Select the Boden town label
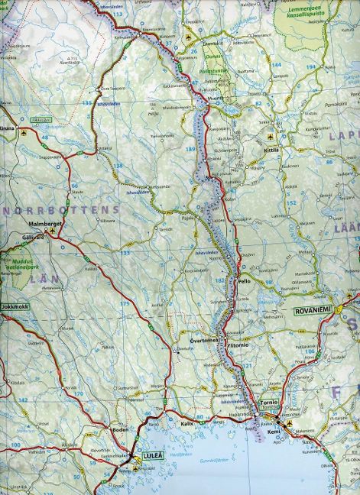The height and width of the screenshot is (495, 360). (120, 429)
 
